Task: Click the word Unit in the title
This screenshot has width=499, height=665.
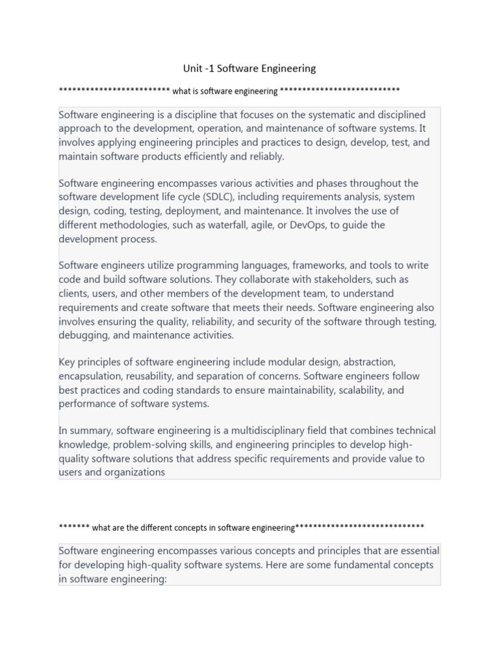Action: pos(194,68)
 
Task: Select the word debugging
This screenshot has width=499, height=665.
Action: pos(83,335)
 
